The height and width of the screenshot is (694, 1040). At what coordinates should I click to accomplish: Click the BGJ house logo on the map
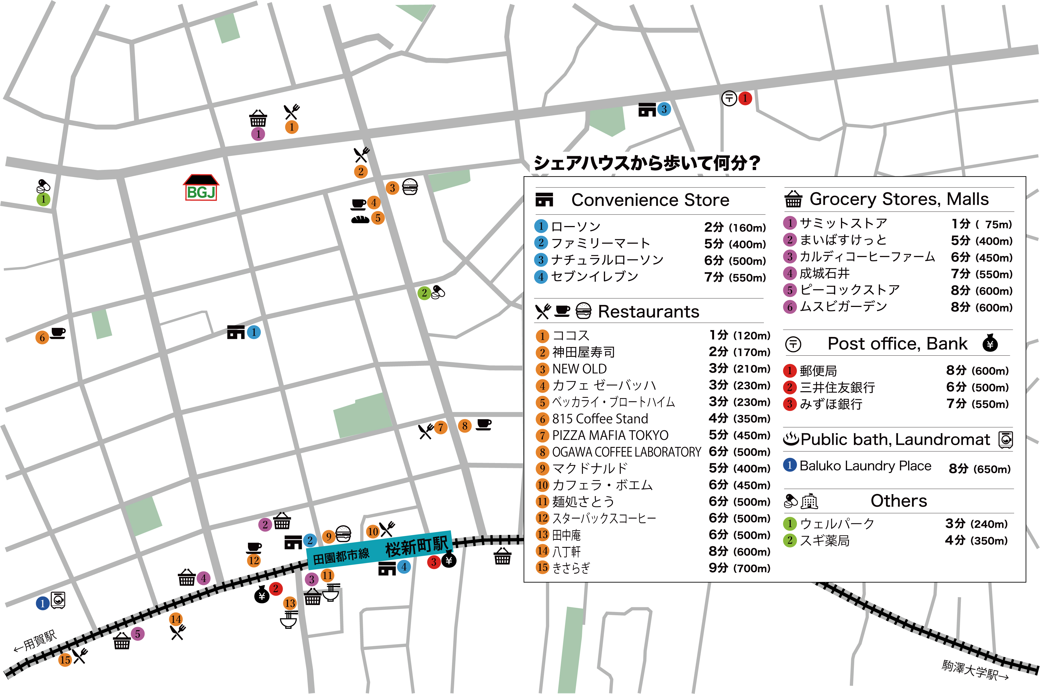point(201,188)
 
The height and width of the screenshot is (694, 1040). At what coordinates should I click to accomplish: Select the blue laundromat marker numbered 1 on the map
point(42,603)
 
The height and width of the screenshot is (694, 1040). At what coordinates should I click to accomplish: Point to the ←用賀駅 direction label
point(36,641)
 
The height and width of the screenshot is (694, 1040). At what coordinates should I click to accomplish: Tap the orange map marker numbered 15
point(65,660)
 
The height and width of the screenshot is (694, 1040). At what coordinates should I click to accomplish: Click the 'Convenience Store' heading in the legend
point(650,200)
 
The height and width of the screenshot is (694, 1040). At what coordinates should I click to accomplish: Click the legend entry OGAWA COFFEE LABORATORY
point(626,452)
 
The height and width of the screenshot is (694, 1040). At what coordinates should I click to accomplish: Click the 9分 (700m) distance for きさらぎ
point(739,568)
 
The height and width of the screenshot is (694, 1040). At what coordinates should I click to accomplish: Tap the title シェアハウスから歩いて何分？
point(647,163)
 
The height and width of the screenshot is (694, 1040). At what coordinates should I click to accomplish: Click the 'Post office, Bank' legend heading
point(897,344)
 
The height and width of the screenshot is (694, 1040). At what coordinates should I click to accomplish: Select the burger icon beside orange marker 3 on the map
point(410,187)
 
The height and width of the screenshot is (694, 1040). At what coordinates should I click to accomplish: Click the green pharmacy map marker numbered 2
point(424,293)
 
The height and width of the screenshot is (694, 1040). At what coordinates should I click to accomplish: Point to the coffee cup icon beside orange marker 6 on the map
point(58,333)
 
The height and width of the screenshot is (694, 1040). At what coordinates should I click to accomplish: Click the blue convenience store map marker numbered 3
point(663,109)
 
